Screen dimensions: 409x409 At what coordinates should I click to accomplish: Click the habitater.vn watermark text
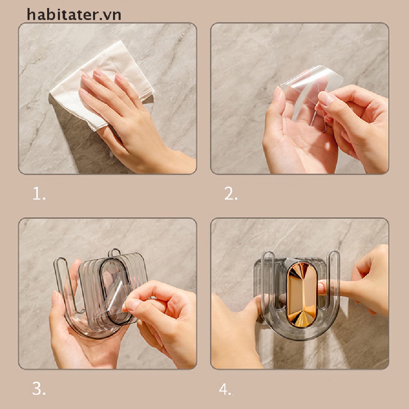(74, 15)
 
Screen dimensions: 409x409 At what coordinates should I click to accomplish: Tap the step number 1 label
(39, 194)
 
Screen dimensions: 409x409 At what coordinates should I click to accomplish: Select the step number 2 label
(231, 194)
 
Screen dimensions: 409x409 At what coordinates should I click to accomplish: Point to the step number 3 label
(39, 389)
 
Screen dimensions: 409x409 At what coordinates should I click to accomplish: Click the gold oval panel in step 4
(302, 295)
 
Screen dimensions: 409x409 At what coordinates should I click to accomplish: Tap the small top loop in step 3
(114, 252)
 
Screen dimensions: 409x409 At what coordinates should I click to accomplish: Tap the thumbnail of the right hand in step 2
(325, 99)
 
